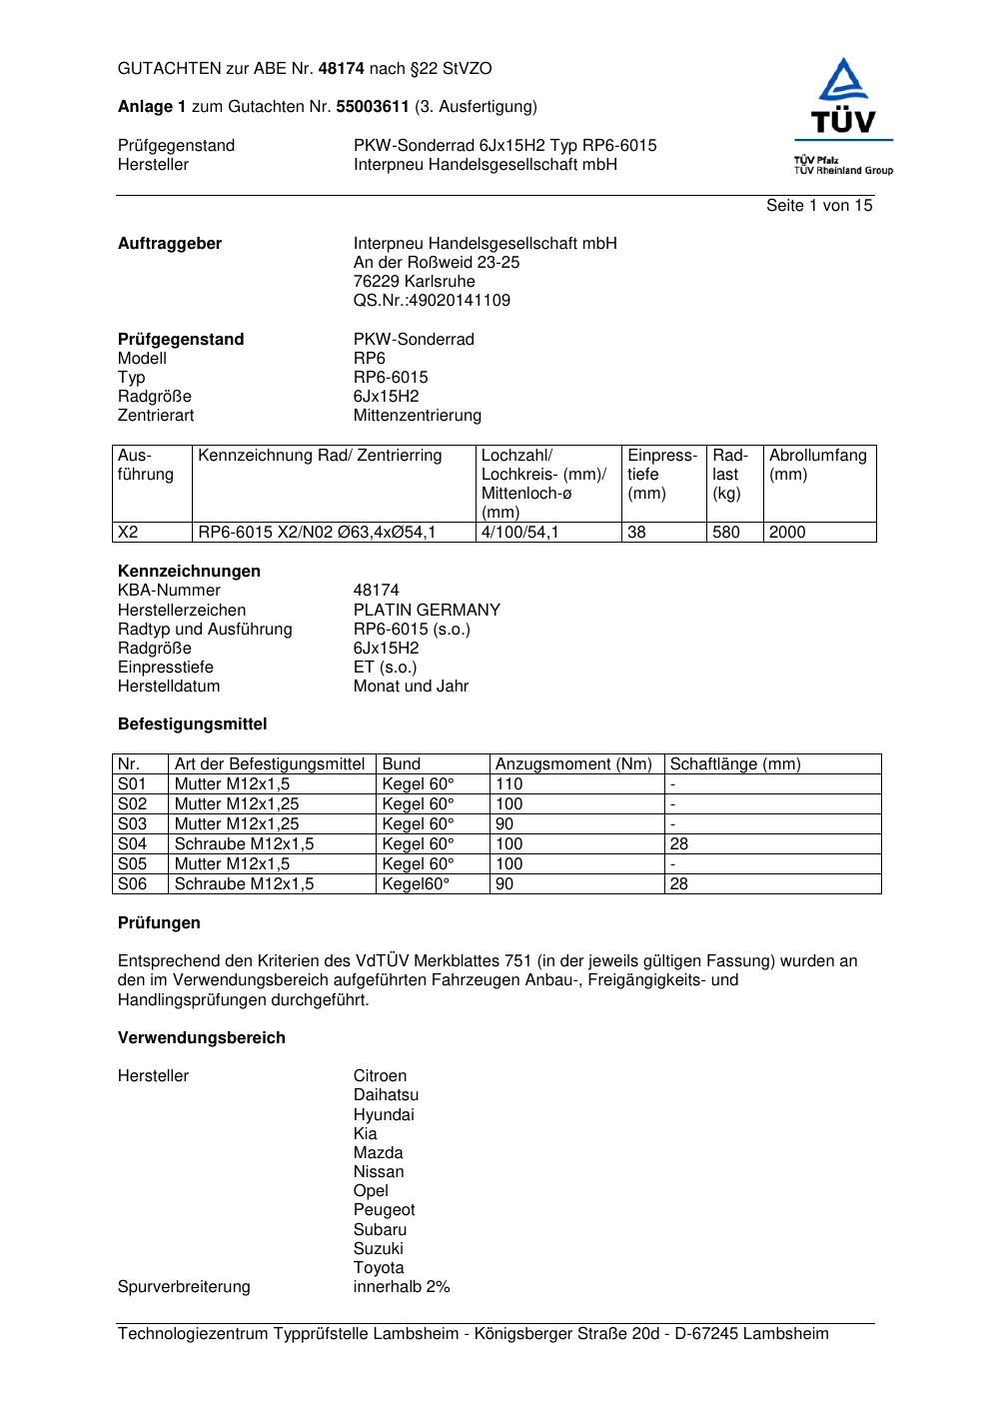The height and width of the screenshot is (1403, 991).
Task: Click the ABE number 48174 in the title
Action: [342, 69]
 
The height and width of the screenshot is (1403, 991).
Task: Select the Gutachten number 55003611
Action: [373, 107]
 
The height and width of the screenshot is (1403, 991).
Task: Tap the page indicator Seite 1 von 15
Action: [818, 206]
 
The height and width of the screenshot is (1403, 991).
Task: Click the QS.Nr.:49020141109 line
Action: [432, 301]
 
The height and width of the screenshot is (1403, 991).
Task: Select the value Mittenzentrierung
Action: [417, 416]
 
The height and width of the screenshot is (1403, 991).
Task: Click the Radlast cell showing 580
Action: [726, 533]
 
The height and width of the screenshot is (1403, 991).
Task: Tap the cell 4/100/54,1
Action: [519, 533]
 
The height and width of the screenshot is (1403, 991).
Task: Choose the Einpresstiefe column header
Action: [661, 474]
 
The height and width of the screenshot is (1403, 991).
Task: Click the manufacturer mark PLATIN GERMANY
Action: [427, 611]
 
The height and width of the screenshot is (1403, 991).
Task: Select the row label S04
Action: [132, 844]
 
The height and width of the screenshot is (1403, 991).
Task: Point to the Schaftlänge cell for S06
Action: [679, 884]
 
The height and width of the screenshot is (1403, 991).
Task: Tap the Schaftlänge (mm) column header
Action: [735, 764]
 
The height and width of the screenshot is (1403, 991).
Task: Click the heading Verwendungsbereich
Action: [202, 1038]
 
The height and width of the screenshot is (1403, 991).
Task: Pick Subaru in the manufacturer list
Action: [380, 1230]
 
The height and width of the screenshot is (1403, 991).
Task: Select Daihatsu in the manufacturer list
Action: [386, 1095]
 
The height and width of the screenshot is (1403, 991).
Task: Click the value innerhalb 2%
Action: [402, 1287]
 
